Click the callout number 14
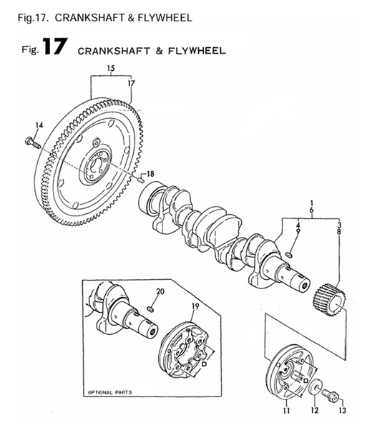tap(39, 126)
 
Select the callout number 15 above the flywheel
tap(111, 69)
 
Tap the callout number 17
tap(131, 82)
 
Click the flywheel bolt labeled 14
tap(31, 142)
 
